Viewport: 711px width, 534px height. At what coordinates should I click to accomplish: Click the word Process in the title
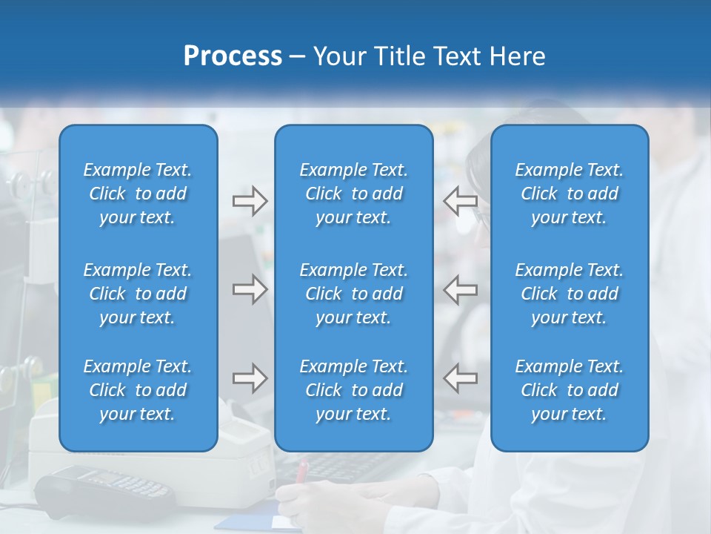coord(233,56)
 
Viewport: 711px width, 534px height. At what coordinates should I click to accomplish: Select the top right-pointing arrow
coord(250,201)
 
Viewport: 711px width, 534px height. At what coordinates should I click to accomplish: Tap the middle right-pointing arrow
coord(250,289)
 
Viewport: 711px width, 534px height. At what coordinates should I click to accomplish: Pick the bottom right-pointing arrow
coord(250,378)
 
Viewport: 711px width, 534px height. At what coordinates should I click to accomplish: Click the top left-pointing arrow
coord(460,201)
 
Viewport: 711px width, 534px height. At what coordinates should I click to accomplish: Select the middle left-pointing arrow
coord(460,289)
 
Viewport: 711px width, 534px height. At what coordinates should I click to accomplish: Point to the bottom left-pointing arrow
coord(460,378)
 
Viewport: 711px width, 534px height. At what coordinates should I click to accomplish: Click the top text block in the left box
coord(138,194)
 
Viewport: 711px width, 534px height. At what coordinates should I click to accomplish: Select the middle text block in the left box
coord(138,294)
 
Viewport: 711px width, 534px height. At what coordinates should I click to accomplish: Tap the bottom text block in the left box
coord(138,390)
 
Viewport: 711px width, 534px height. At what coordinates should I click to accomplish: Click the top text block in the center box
coord(353,194)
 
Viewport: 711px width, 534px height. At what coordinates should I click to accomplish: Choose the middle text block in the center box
coord(353,294)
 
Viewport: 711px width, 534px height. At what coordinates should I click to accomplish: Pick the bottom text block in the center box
coord(353,390)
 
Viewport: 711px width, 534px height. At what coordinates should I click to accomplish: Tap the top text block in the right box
coord(569,194)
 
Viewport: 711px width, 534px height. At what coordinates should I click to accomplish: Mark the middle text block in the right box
coord(569,294)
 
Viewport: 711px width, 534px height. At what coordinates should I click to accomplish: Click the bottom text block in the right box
coord(569,390)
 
